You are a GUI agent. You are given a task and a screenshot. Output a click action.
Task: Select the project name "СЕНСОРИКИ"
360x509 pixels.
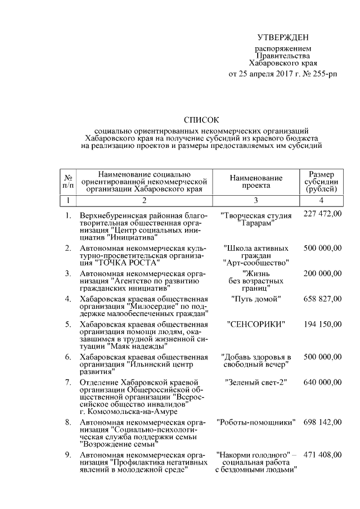tap(256, 325)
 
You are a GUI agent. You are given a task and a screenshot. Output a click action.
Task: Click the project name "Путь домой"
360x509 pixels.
tap(256, 299)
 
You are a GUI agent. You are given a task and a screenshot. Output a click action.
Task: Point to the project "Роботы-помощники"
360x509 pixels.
tap(256, 422)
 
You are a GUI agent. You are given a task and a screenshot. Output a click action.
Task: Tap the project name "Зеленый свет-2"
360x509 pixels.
tap(256, 383)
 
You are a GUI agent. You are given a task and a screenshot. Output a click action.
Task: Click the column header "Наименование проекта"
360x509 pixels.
tap(256, 181)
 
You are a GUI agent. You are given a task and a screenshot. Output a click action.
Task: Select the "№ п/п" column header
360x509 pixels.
tap(67, 181)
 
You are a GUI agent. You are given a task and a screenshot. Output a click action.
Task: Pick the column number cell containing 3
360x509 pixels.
tap(256, 200)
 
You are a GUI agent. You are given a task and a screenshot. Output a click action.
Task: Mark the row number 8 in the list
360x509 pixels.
tap(67, 422)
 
